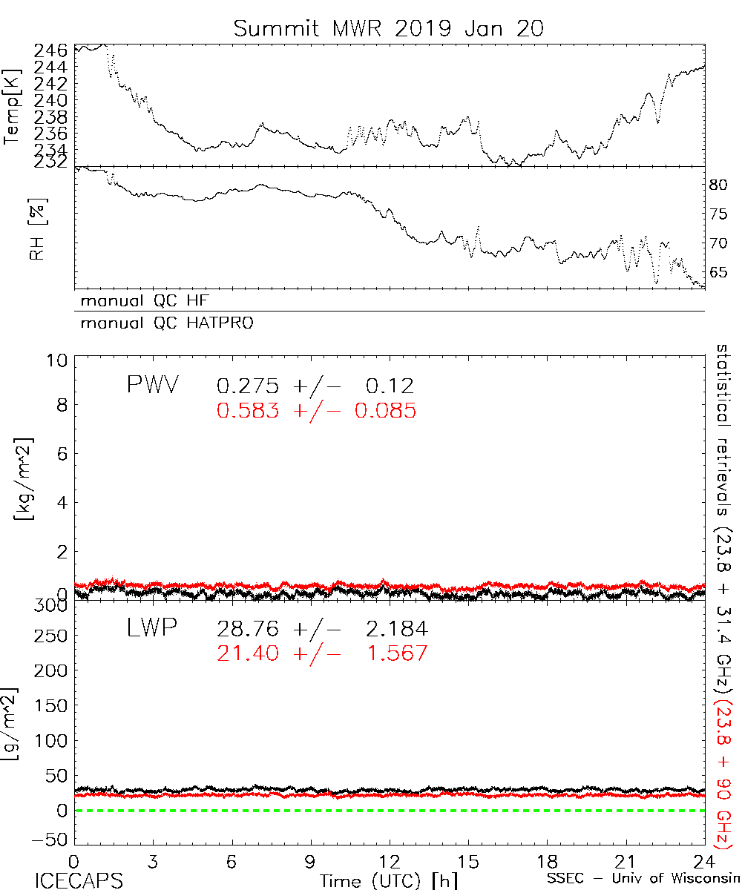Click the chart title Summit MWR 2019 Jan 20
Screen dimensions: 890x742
(x=389, y=28)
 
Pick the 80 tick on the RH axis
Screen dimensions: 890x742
(x=720, y=185)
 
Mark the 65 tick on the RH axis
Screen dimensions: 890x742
(x=720, y=272)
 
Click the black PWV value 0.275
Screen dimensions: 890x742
(x=248, y=386)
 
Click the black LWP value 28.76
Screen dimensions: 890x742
(x=248, y=630)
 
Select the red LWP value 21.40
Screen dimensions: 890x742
(x=248, y=653)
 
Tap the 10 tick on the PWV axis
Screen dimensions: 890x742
(x=58, y=360)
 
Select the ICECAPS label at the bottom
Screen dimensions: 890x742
(x=78, y=880)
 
